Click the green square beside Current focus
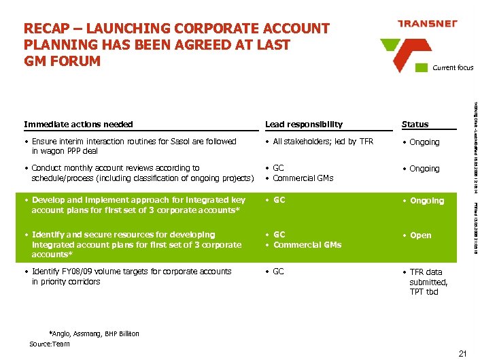pos(425,67)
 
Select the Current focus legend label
pos(453,67)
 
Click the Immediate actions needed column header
pos(78,125)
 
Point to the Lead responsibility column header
pos(304,125)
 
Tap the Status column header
pos(415,125)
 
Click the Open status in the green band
pos(420,235)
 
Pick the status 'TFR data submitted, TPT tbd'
pos(428,282)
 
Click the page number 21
pos(463,353)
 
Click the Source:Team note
pos(50,344)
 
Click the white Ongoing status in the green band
pos(426,201)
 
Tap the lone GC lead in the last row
pos(279,272)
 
